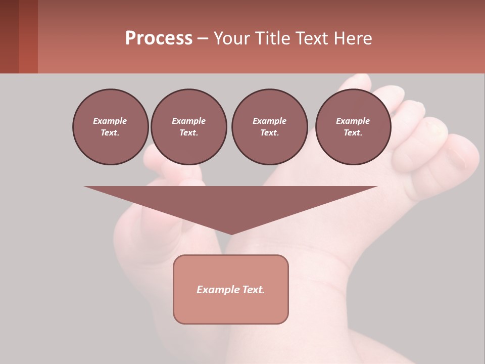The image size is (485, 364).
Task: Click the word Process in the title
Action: tap(159, 38)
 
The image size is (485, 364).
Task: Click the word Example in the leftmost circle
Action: tap(110, 121)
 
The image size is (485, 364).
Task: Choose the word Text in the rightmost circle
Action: tap(352, 132)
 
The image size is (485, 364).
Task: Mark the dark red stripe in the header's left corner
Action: tap(28, 37)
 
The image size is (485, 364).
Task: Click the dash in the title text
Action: tap(203, 39)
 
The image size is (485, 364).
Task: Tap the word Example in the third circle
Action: tap(269, 121)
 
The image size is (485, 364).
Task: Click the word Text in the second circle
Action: tap(188, 132)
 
